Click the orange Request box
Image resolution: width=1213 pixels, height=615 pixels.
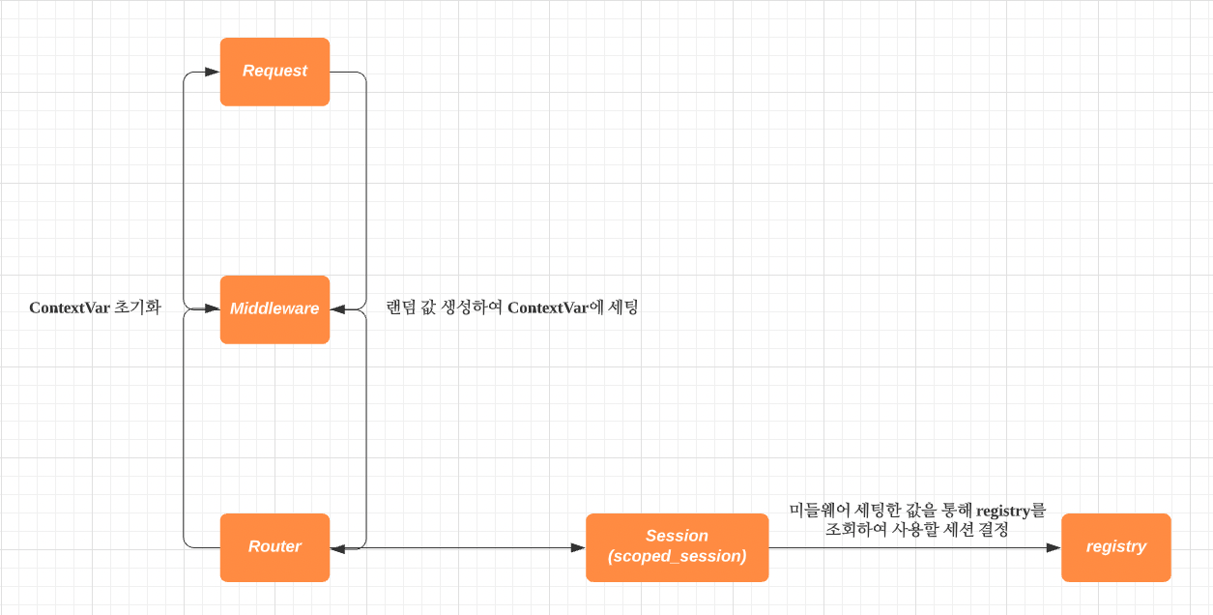(x=274, y=72)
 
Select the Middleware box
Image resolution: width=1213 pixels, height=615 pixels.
(x=274, y=309)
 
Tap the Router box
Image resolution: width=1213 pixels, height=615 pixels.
(x=274, y=547)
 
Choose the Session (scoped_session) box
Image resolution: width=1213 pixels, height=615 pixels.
(x=677, y=547)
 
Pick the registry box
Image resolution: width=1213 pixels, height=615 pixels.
(x=1115, y=547)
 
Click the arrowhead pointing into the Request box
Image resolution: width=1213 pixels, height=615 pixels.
(x=213, y=72)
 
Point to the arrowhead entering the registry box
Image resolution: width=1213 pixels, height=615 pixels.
(x=1054, y=547)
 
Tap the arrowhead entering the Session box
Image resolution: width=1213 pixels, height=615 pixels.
(x=578, y=548)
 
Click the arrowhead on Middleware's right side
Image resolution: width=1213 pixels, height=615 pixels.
(x=338, y=309)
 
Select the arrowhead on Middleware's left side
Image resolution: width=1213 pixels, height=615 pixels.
(x=213, y=309)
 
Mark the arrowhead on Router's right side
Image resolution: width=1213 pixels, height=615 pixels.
(x=338, y=549)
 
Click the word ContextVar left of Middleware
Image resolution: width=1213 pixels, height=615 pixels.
(x=70, y=308)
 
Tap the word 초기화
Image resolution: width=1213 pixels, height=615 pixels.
(x=137, y=308)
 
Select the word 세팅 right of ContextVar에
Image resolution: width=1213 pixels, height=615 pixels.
(x=624, y=308)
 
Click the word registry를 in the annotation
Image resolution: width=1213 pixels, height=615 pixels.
(x=1011, y=510)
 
